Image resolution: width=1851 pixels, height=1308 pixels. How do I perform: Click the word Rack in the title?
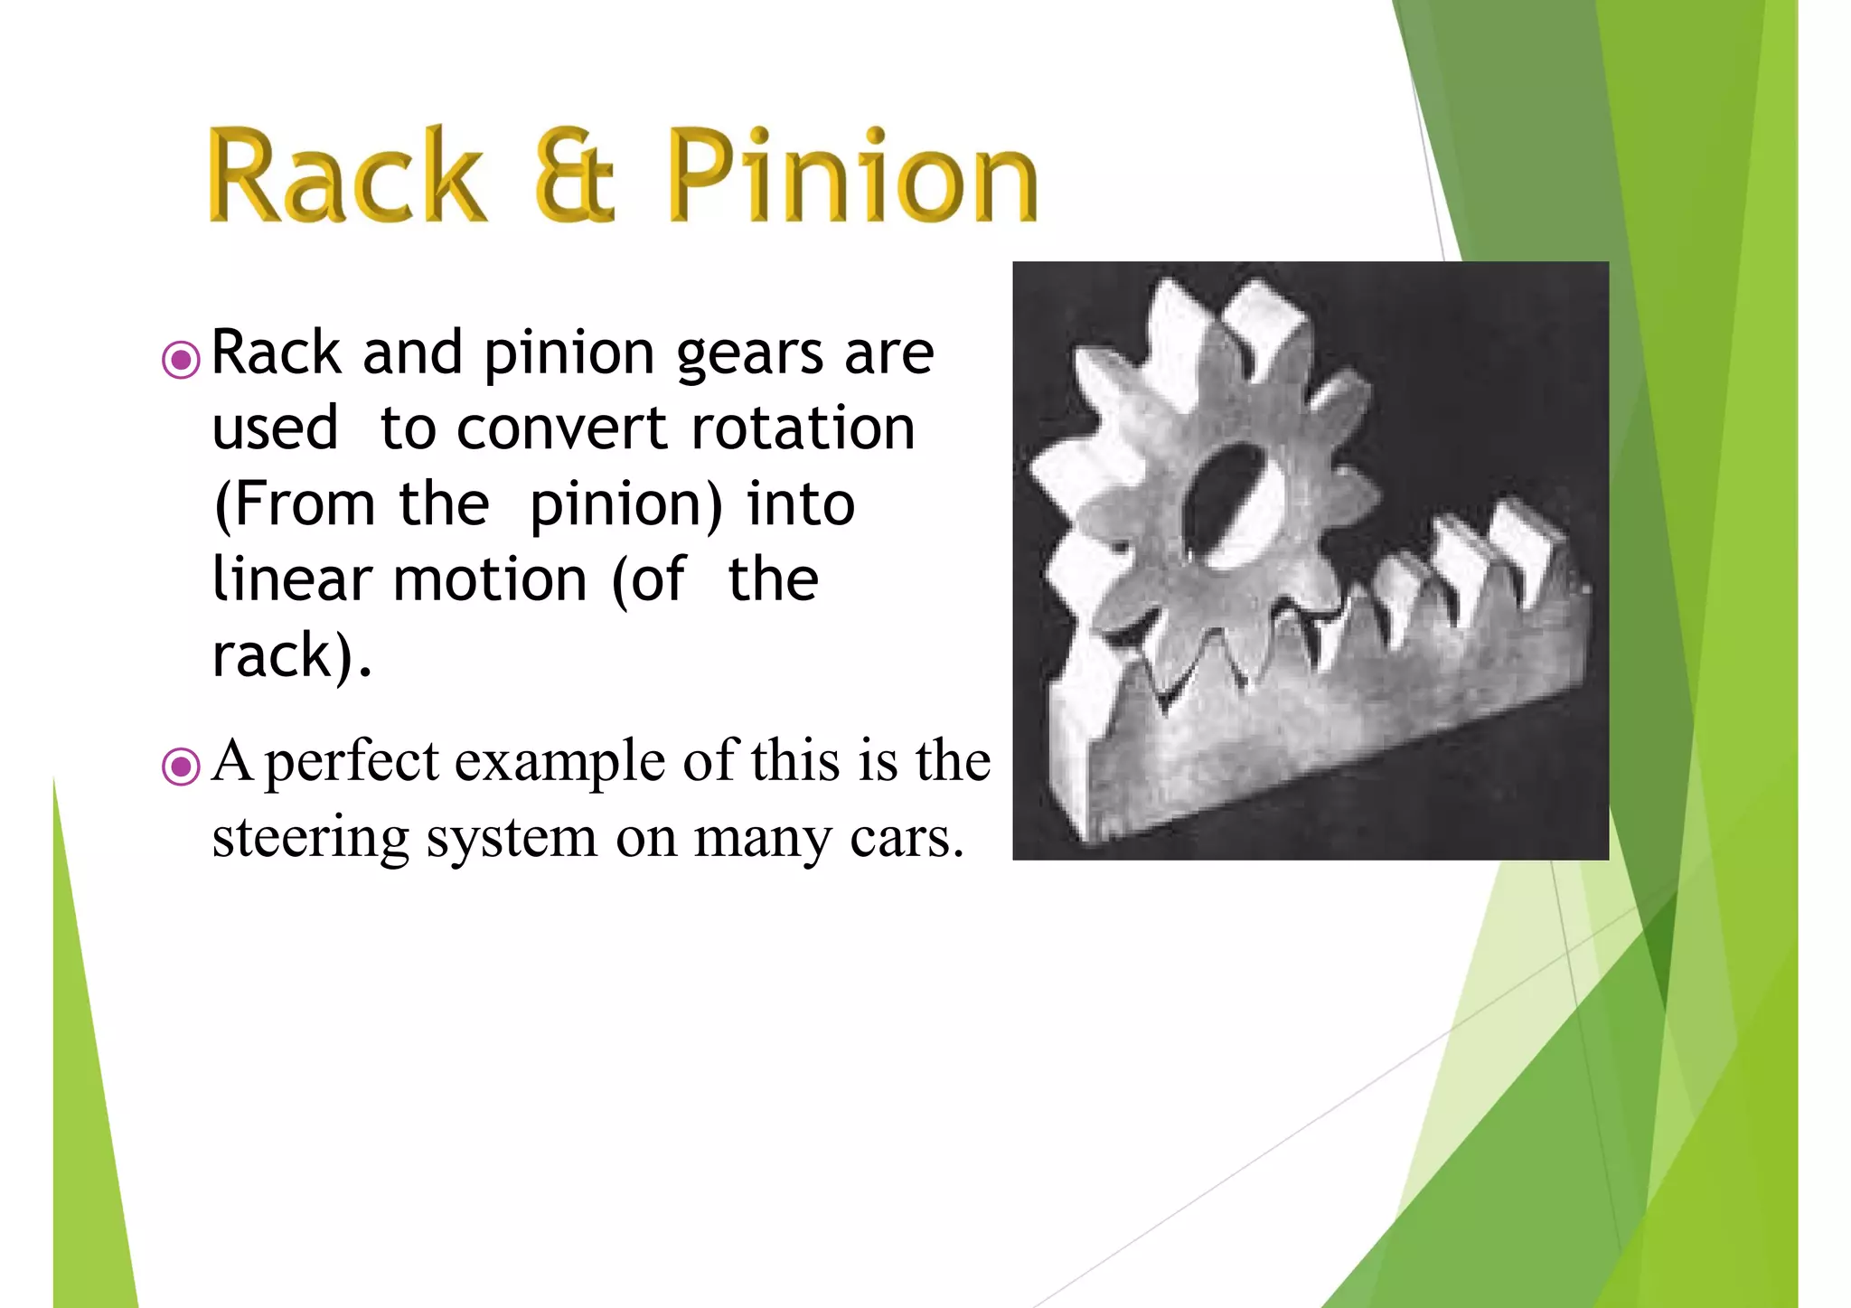pos(347,176)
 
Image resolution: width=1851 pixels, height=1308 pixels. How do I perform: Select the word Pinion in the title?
pos(853,176)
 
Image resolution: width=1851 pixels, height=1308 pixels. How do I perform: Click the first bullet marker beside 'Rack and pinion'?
pos(181,360)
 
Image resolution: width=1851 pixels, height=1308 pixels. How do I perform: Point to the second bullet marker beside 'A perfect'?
pos(181,767)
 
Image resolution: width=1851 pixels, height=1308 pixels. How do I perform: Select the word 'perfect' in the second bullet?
pos(352,763)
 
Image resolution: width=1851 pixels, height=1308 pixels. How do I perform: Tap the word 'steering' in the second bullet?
pos(310,840)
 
